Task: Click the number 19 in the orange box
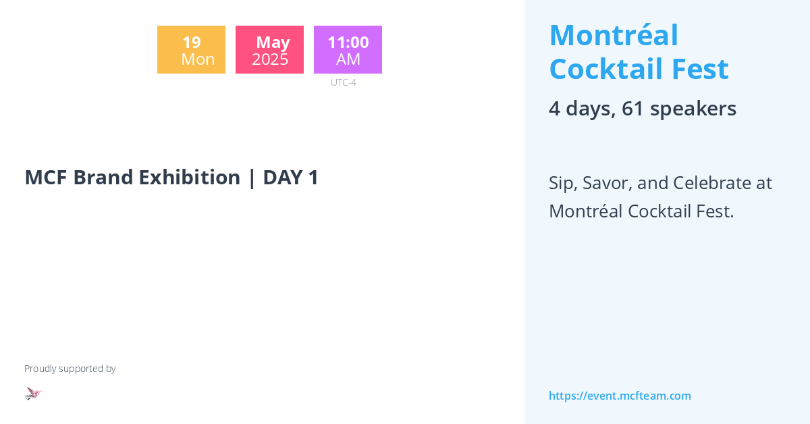click(x=191, y=42)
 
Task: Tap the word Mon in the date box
click(x=198, y=59)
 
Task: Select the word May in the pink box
click(x=273, y=42)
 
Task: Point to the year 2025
click(x=270, y=59)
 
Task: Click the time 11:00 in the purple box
click(x=348, y=42)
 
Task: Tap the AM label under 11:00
click(x=348, y=59)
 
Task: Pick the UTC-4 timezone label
click(x=344, y=82)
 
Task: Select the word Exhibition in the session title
click(x=189, y=177)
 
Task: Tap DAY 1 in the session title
click(x=290, y=177)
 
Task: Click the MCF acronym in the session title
click(x=46, y=177)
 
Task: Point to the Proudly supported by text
click(x=70, y=369)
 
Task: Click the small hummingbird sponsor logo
click(x=33, y=393)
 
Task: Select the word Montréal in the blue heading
click(x=614, y=35)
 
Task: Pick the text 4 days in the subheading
click(x=580, y=108)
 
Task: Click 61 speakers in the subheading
click(x=679, y=108)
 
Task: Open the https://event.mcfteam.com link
click(x=620, y=396)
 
